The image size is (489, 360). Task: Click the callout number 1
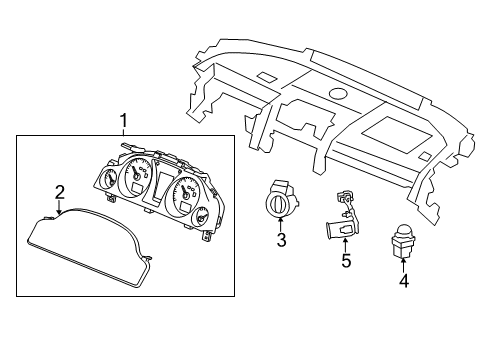pyautogui.click(x=123, y=122)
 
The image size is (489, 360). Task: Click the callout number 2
pyautogui.click(x=60, y=191)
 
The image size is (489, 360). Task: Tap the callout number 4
pyautogui.click(x=404, y=281)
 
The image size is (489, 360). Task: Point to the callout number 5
pyautogui.click(x=346, y=262)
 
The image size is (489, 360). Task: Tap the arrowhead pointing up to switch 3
pyautogui.click(x=281, y=226)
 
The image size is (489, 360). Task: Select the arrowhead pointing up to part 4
pyautogui.click(x=404, y=265)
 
